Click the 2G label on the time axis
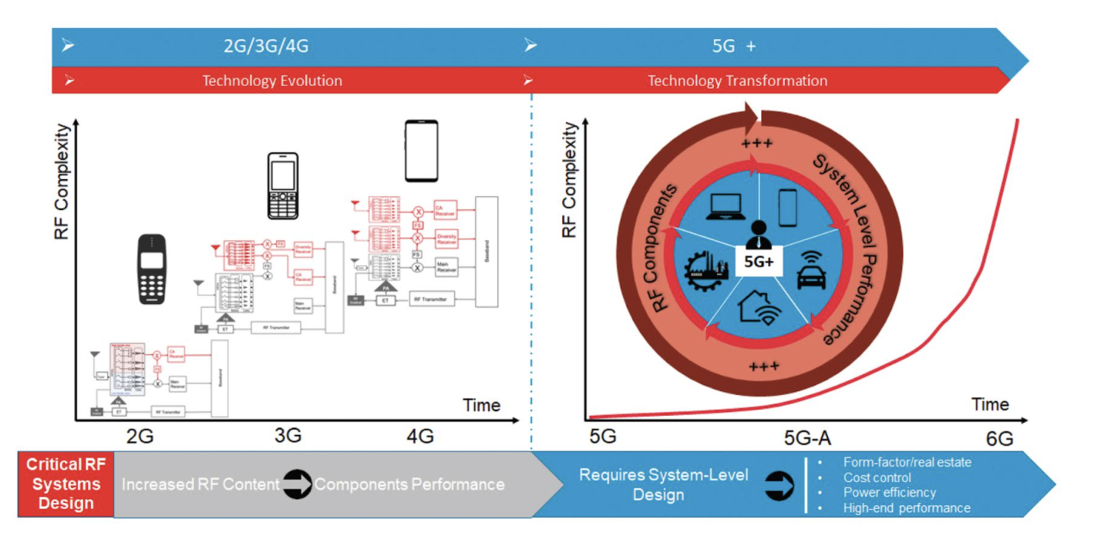tap(140, 436)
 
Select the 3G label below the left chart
tap(288, 436)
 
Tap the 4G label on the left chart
tap(420, 436)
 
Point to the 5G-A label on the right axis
tap(807, 439)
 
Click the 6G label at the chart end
tap(999, 439)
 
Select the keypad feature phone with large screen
tap(283, 186)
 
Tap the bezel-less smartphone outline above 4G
tap(421, 151)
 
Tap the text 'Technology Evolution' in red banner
tap(272, 81)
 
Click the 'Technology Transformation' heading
tap(738, 81)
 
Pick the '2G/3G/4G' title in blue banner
tap(266, 46)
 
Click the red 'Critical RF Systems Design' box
tap(66, 484)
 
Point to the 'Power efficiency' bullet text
tap(889, 492)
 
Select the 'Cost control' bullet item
tap(877, 478)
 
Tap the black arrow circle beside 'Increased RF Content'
tap(297, 484)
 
